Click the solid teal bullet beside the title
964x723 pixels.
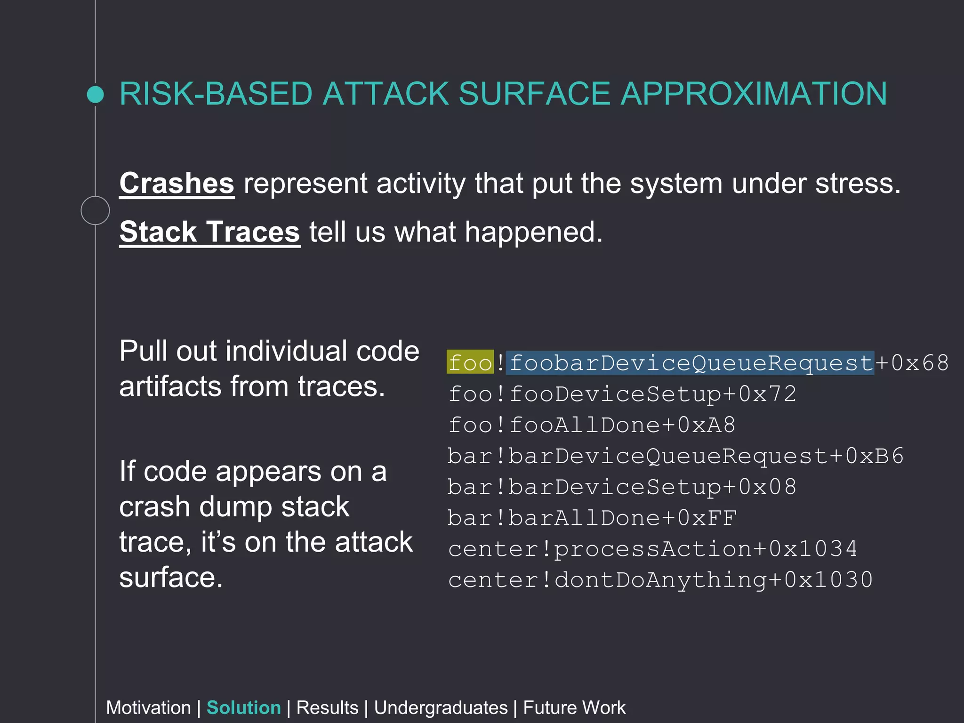click(96, 94)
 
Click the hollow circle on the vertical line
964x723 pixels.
click(95, 210)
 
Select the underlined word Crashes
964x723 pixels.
click(177, 183)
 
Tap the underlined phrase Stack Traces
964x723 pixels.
click(209, 232)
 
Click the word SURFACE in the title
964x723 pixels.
click(534, 94)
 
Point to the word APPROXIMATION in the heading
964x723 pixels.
click(754, 94)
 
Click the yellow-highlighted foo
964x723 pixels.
click(470, 362)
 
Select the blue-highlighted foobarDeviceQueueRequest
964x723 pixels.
click(690, 363)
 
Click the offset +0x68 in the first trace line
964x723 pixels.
click(912, 362)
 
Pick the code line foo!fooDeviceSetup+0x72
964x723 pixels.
click(622, 394)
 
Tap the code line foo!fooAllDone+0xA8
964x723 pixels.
click(591, 425)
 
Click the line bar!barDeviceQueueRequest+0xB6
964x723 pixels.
click(675, 456)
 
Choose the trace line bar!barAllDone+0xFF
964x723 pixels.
click(591, 518)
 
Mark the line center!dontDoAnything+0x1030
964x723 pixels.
click(660, 580)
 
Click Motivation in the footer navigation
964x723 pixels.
click(148, 707)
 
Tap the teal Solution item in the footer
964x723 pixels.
click(243, 707)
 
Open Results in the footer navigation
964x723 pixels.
click(327, 707)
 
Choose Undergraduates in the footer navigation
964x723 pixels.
click(441, 707)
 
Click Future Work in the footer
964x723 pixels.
click(574, 707)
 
